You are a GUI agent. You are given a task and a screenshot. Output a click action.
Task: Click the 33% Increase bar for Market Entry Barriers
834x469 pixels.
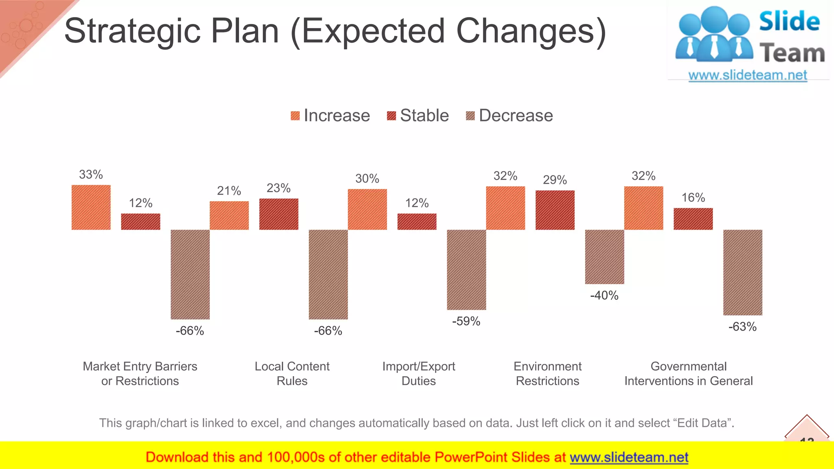pos(91,207)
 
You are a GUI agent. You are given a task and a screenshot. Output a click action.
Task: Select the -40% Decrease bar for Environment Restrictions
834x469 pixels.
pos(604,256)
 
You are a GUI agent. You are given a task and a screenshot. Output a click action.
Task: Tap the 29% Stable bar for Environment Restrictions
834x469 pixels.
pos(555,210)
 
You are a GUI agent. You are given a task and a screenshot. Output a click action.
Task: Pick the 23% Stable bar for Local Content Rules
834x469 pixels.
pos(279,214)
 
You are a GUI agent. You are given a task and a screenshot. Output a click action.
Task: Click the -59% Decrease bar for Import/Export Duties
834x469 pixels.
pos(466,270)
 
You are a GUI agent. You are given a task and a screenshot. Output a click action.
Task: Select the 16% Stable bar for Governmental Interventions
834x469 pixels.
pos(693,219)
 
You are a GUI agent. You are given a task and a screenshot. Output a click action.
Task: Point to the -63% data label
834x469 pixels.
pos(742,327)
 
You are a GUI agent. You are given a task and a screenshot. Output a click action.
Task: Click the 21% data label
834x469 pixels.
pos(229,191)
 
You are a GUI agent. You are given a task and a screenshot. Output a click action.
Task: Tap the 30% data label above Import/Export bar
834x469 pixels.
pos(367,178)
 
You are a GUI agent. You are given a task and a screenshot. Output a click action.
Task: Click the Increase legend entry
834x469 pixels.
pos(330,116)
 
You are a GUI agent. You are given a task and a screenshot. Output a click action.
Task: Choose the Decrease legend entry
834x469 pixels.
pos(509,116)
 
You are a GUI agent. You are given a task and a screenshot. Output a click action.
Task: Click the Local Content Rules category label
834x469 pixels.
pos(292,373)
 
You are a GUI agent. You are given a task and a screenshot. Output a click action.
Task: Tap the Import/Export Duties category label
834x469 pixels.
pos(419,373)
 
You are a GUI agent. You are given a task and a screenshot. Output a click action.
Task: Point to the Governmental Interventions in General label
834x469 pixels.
pos(688,373)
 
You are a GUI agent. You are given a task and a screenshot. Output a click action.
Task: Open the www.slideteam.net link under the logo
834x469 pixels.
pos(748,75)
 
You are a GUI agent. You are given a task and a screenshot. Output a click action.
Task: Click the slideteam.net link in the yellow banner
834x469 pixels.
pos(629,457)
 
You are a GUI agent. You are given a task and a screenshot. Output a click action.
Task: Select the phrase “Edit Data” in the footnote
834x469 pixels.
pos(703,423)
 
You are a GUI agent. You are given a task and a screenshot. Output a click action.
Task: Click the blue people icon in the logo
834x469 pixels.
pos(714,35)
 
